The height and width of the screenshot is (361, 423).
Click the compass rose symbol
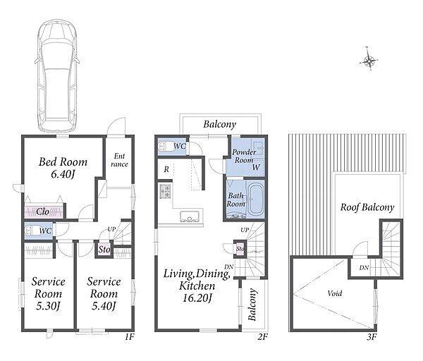point(369,61)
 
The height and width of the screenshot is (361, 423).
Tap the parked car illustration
point(57,75)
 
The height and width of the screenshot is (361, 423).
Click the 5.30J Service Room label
point(48,293)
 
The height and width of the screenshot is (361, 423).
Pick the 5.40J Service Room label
point(104,293)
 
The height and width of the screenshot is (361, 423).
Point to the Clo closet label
point(42,212)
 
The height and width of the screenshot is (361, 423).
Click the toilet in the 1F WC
point(33,231)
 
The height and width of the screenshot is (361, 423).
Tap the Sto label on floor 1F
point(104,250)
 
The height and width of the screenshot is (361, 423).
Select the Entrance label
point(119,160)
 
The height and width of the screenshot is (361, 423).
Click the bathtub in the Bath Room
point(255,199)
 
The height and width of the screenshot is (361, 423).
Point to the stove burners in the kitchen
point(165,191)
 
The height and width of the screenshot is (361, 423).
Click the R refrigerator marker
point(166,169)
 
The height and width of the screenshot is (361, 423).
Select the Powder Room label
point(244,156)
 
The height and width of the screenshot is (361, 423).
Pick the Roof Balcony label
point(367,207)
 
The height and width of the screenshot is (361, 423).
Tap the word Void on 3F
point(335,293)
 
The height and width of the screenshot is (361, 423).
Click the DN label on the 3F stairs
point(364,268)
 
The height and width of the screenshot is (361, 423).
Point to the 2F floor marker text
point(262,337)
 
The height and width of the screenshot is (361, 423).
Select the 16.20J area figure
point(197,298)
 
